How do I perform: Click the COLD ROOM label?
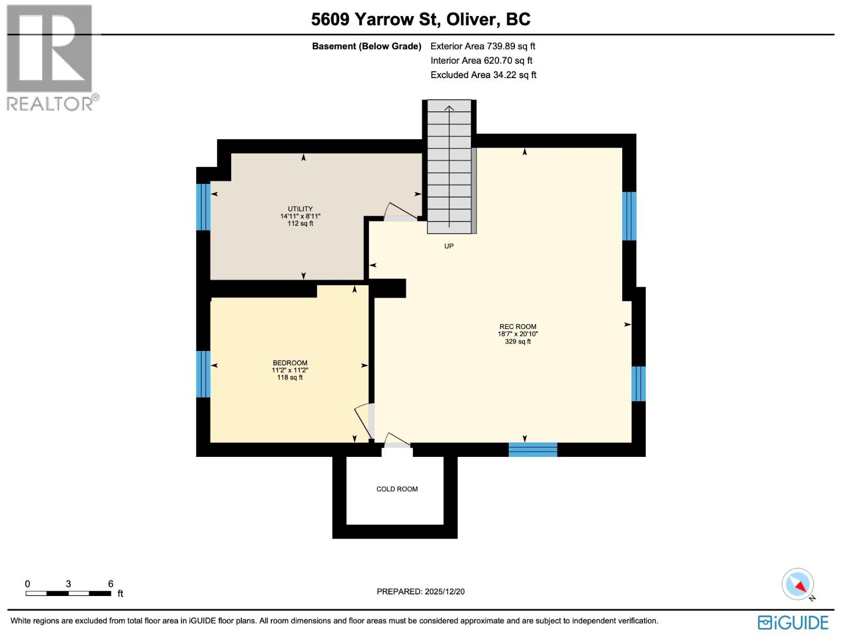click(397, 489)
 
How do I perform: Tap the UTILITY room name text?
click(300, 209)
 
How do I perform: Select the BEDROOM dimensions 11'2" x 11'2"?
click(290, 370)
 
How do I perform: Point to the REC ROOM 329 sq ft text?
click(518, 341)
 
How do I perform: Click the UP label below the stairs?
click(449, 246)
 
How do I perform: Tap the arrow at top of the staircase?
click(449, 109)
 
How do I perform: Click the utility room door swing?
click(400, 212)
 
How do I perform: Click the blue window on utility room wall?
click(203, 207)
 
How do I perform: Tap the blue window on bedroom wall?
click(203, 374)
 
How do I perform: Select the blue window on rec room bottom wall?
click(533, 449)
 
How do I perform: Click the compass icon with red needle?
click(798, 584)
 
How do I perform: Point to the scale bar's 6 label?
click(111, 584)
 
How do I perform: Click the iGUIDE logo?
click(793, 623)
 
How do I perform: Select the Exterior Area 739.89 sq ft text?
click(483, 47)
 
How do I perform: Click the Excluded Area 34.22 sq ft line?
click(483, 75)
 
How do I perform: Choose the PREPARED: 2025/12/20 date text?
click(421, 592)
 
